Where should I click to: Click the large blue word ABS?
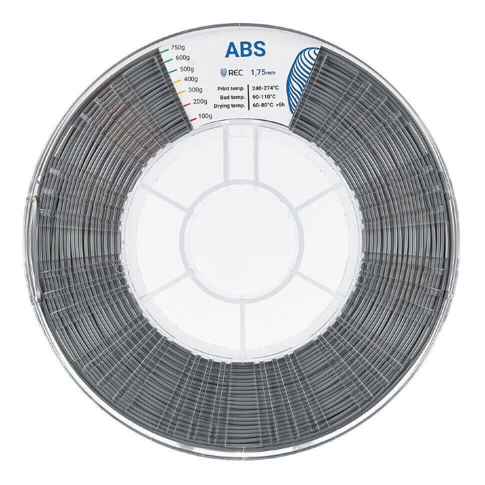pyautogui.click(x=245, y=49)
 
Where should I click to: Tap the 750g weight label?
pyautogui.click(x=178, y=47)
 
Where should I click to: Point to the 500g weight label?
pyautogui.click(x=186, y=68)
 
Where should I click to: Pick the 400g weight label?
pyautogui.click(x=190, y=79)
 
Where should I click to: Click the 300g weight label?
pyautogui.click(x=194, y=90)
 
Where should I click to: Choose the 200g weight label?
pyautogui.click(x=199, y=101)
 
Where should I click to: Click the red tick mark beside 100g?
pyautogui.click(x=193, y=119)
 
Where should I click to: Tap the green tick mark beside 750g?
pyautogui.click(x=164, y=50)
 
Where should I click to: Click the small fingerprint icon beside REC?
pyautogui.click(x=223, y=73)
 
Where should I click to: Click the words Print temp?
pyautogui.click(x=231, y=88)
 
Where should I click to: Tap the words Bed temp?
pyautogui.click(x=232, y=97)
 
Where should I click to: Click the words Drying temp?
pyautogui.click(x=229, y=106)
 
